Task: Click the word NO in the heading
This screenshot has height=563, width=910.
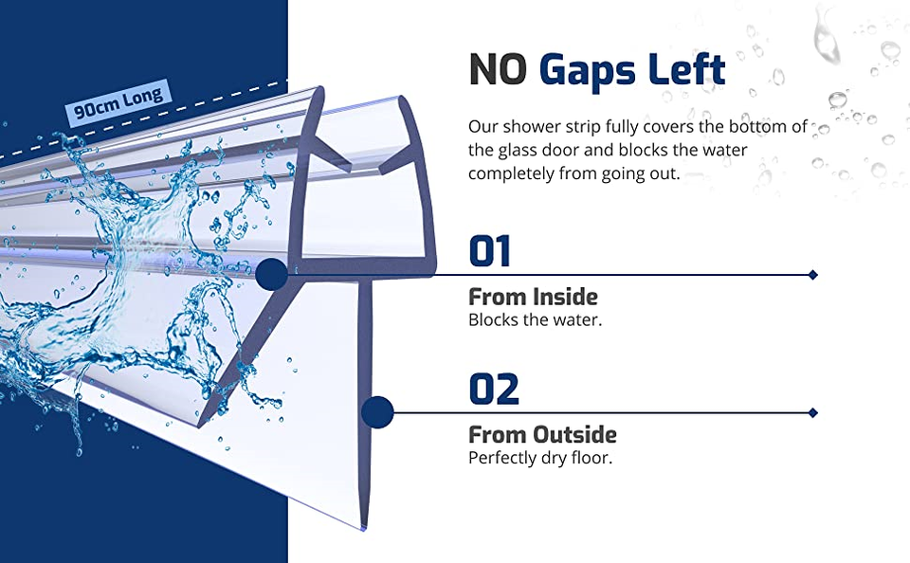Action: click(498, 69)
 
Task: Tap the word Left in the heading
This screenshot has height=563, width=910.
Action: click(688, 69)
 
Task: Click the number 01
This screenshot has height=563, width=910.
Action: click(489, 252)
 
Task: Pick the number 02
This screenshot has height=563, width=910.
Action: click(494, 390)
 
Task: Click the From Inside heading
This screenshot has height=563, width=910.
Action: click(533, 297)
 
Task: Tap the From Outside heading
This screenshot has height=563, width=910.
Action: click(542, 435)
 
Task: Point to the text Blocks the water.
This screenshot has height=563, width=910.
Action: click(535, 320)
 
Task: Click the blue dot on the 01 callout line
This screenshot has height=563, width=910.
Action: click(271, 275)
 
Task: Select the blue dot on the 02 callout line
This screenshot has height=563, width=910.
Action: click(377, 412)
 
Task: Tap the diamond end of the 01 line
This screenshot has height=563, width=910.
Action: click(812, 275)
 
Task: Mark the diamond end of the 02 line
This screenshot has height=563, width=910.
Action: click(812, 412)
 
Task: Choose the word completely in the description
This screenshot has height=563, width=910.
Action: click(515, 173)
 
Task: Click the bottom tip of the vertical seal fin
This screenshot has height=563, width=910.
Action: click(365, 527)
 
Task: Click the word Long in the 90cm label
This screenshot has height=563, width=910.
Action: click(143, 96)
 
